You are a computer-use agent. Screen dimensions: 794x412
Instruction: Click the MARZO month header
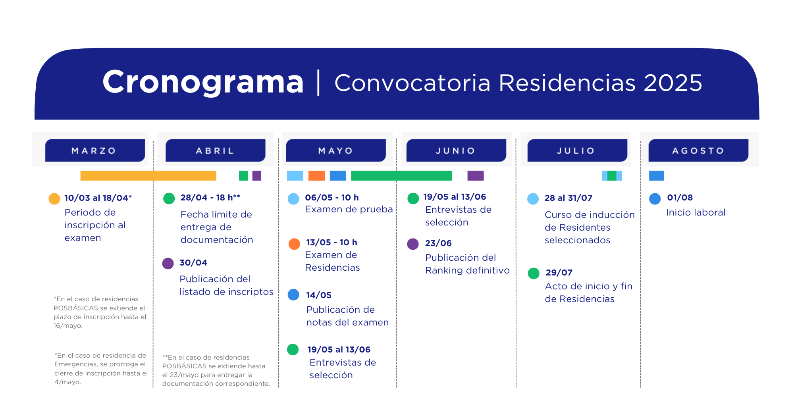pyautogui.click(x=95, y=150)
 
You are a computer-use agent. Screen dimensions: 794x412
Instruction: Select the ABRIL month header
pyautogui.click(x=215, y=150)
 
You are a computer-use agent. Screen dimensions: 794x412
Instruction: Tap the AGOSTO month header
pyautogui.click(x=698, y=150)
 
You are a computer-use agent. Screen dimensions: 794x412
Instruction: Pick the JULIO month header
pyautogui.click(x=577, y=150)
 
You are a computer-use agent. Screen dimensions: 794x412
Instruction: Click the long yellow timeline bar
pyautogui.click(x=148, y=175)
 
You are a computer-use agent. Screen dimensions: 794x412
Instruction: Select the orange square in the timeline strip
pyautogui.click(x=316, y=175)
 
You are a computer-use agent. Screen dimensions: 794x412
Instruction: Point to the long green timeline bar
pyautogui.click(x=401, y=175)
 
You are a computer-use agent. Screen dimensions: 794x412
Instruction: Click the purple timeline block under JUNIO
pyautogui.click(x=476, y=175)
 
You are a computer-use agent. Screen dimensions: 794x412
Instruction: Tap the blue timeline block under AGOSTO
pyautogui.click(x=657, y=175)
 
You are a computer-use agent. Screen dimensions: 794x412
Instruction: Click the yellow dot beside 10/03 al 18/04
pyautogui.click(x=54, y=199)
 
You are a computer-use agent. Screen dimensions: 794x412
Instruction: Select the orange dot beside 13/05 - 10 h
pyautogui.click(x=294, y=244)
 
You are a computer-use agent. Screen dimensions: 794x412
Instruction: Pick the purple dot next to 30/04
pyautogui.click(x=168, y=264)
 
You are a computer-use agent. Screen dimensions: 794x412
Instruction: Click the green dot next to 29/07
pyautogui.click(x=534, y=273)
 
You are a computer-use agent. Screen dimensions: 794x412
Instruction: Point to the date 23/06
pyautogui.click(x=438, y=243)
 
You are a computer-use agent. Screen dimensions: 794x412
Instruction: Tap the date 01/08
pyautogui.click(x=680, y=198)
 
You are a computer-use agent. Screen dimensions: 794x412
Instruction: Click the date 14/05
pyautogui.click(x=318, y=295)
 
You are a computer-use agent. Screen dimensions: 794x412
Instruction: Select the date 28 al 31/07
pyautogui.click(x=569, y=198)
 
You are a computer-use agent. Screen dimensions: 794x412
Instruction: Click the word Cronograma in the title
pyautogui.click(x=203, y=82)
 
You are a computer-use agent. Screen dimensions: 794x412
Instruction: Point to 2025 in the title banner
pyautogui.click(x=673, y=83)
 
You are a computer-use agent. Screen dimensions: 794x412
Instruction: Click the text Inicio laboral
pyautogui.click(x=696, y=212)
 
